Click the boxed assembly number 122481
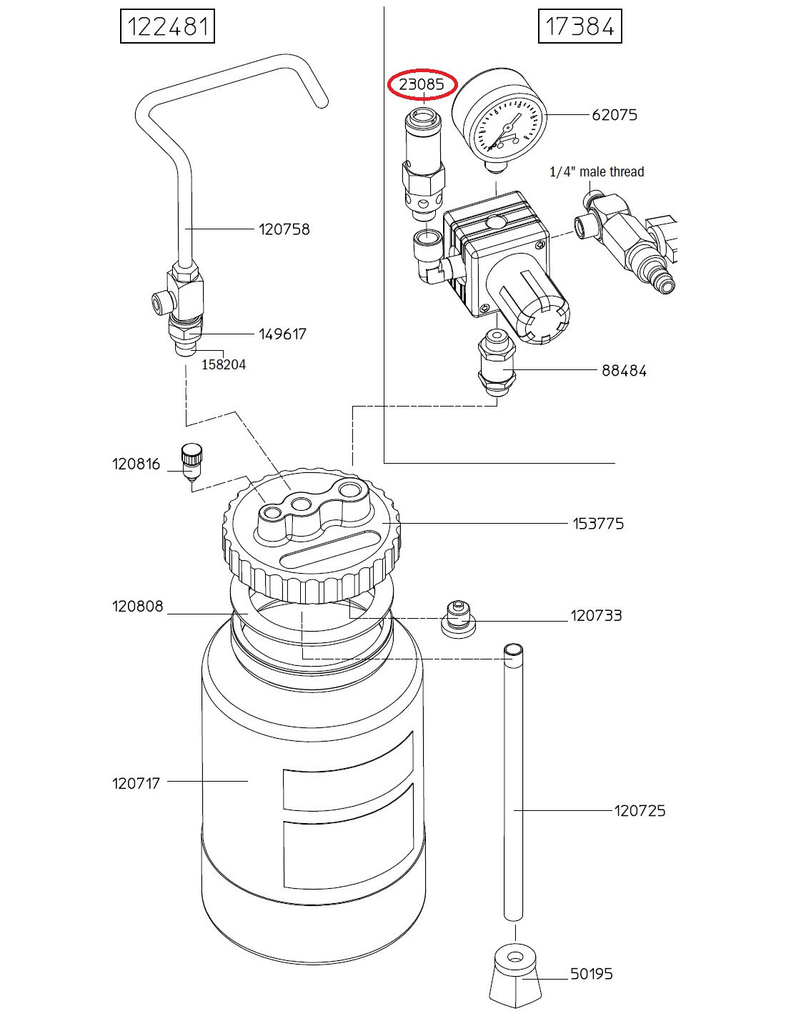click(167, 26)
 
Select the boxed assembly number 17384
click(579, 26)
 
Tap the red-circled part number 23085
click(422, 84)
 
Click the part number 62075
click(615, 115)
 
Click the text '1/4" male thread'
click(597, 171)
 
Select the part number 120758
click(284, 229)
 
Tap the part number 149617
click(282, 334)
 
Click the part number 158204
click(224, 364)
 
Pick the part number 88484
click(624, 371)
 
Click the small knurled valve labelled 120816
click(191, 463)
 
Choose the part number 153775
click(598, 523)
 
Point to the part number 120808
click(137, 606)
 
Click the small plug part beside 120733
click(458, 618)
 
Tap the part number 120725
click(640, 810)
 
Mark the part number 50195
click(591, 975)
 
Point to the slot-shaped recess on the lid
click(327, 549)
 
